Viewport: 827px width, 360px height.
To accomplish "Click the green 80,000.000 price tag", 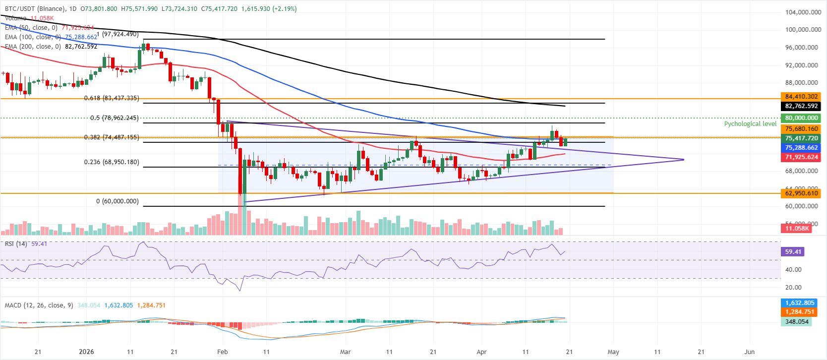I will tap(801, 118).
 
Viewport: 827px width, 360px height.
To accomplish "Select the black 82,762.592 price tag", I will tap(801, 106).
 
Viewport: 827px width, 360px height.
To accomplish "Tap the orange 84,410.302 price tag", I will tap(801, 97).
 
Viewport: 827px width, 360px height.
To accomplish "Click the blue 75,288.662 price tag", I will tap(801, 148).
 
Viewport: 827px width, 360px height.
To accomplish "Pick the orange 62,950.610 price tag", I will tap(801, 193).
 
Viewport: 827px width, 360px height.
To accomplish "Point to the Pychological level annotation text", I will tap(750, 124).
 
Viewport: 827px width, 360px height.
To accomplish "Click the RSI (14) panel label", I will tap(16, 244).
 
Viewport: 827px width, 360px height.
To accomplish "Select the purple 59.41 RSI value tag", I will tap(793, 252).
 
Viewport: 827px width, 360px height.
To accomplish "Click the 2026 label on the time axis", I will tap(86, 352).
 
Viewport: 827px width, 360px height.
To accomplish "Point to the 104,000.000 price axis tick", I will tap(803, 12).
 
